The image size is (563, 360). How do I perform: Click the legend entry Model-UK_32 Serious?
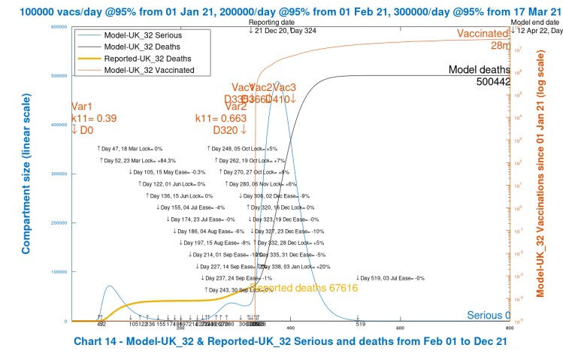(x=142, y=35)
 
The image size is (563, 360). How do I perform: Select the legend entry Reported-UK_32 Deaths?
(x=147, y=58)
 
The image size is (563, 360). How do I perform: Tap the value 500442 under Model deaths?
(x=493, y=81)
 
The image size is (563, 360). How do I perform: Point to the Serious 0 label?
(x=488, y=315)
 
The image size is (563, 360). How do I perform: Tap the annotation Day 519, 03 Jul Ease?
(x=391, y=278)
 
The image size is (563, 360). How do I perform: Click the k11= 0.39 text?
(x=94, y=118)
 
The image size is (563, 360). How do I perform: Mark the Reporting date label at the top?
(x=270, y=23)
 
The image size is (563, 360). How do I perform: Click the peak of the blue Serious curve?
(x=277, y=82)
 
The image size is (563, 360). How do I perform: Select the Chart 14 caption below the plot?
(x=291, y=341)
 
